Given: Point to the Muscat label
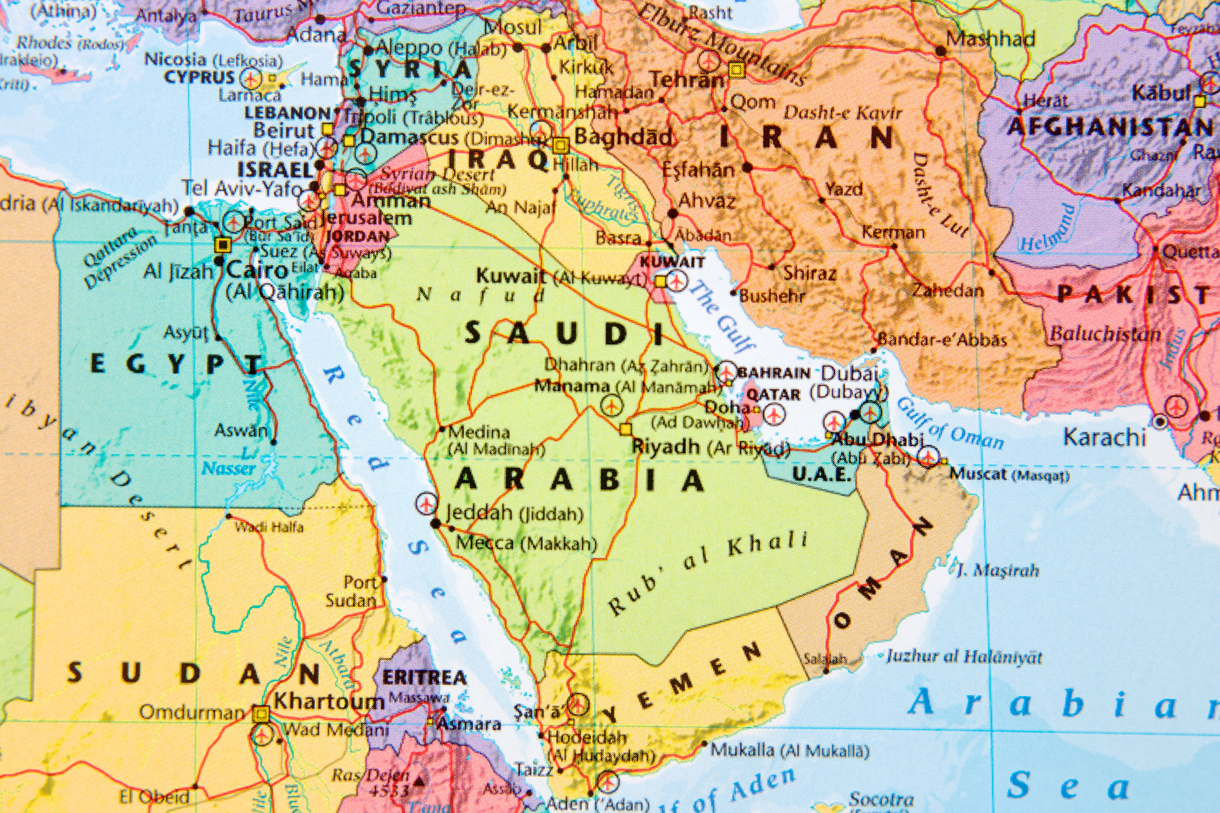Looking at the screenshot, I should pyautogui.click(x=978, y=474).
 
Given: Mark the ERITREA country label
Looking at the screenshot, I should pyautogui.click(x=424, y=677).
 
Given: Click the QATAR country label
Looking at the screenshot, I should pyautogui.click(x=773, y=394).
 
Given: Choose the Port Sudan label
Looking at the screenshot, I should pyautogui.click(x=352, y=592).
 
